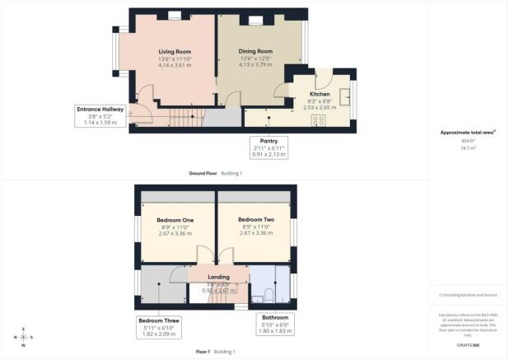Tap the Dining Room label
pos(254,52)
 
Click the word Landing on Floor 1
pos(218,278)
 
